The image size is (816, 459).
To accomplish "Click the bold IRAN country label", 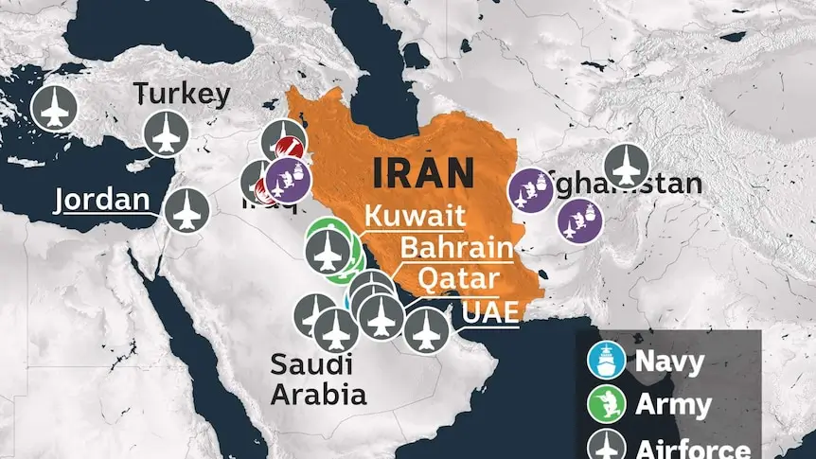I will (x=423, y=173).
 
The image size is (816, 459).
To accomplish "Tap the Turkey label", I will (x=182, y=94).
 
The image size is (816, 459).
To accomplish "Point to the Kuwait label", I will (x=414, y=216).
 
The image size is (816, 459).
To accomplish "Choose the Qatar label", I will (x=458, y=279).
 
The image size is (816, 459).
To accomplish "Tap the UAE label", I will (x=490, y=310).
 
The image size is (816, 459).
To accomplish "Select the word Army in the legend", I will (x=673, y=405).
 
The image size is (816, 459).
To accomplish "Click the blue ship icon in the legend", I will (x=606, y=361).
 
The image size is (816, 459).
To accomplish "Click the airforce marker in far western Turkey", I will (x=54, y=109).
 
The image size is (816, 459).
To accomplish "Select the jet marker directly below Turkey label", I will (x=167, y=132).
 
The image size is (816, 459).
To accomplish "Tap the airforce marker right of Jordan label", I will (x=186, y=211).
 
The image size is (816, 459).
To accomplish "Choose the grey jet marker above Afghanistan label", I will (x=625, y=166).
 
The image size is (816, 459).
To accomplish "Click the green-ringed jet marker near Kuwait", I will (x=328, y=250).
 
